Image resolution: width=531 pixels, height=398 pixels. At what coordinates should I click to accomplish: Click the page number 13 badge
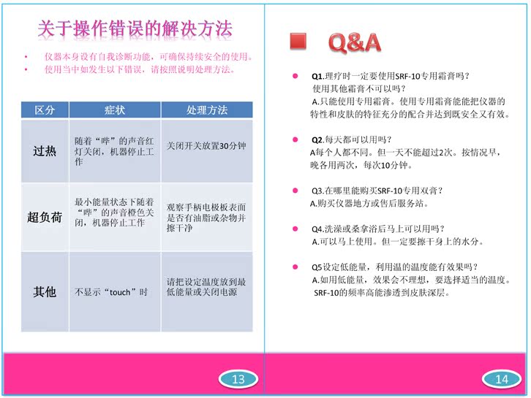point(238,379)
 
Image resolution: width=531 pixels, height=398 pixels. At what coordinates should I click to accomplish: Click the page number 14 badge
point(502,379)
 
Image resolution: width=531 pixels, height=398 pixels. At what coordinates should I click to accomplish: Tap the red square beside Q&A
point(298,41)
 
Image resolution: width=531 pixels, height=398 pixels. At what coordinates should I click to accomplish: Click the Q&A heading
point(355,42)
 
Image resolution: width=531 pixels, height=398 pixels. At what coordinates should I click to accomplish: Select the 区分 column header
point(45,110)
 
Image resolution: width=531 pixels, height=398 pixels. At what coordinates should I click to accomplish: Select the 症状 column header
point(115,110)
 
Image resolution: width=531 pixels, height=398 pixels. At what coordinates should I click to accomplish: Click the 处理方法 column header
point(207,110)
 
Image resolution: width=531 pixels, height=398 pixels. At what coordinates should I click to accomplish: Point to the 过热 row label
point(45,151)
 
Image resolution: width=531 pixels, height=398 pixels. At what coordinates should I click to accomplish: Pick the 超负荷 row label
point(45,217)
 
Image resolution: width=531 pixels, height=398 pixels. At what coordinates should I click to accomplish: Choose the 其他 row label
point(45,291)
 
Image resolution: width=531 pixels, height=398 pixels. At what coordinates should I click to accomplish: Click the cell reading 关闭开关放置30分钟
point(206,146)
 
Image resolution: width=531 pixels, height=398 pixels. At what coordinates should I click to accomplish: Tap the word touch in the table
point(120,292)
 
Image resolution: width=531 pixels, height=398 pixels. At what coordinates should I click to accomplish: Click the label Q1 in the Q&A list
point(317,76)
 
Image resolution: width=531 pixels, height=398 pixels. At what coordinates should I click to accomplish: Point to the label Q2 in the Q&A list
point(317,139)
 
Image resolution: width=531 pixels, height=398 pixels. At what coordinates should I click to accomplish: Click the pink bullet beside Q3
point(295,191)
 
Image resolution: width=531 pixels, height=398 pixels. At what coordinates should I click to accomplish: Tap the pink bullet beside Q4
point(295,229)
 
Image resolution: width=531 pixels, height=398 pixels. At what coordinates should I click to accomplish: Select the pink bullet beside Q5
point(295,267)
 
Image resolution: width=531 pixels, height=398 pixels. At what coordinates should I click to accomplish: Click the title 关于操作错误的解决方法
point(135,28)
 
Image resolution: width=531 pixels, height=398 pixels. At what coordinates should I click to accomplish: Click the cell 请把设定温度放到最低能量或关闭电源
point(206,287)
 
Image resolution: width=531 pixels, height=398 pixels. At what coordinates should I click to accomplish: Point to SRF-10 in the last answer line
point(326,293)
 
